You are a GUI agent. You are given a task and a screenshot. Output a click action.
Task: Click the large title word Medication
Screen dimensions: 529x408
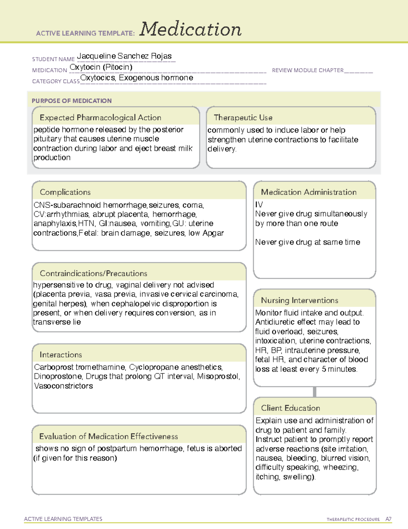click(x=190, y=29)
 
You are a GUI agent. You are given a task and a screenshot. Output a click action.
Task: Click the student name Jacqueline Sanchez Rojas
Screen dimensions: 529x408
click(x=124, y=56)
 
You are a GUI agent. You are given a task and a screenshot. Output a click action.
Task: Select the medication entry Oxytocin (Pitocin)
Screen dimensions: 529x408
click(x=101, y=67)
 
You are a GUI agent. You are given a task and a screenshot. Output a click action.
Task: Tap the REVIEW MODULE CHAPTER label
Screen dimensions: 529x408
click(x=308, y=70)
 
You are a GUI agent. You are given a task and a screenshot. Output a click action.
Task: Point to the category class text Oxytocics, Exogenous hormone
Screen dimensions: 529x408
click(x=137, y=78)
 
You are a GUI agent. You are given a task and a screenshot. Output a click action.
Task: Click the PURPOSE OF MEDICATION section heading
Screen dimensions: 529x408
click(x=72, y=101)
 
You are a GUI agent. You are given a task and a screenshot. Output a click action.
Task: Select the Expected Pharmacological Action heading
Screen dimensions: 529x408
click(x=100, y=118)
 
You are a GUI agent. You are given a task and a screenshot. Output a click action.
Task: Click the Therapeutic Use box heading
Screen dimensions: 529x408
click(x=243, y=118)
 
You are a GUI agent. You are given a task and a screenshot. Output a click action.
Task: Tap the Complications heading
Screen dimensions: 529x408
click(x=65, y=192)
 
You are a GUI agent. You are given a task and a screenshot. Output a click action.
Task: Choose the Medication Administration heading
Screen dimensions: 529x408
click(x=309, y=192)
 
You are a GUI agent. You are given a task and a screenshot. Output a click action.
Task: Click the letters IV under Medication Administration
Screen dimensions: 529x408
click(x=259, y=205)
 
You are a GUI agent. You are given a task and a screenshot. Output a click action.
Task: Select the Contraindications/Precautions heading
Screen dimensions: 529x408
click(x=93, y=273)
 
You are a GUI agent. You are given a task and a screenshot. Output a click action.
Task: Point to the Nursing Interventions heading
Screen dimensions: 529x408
click(x=300, y=300)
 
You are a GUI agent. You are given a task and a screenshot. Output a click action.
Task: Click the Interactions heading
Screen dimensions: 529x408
click(x=61, y=355)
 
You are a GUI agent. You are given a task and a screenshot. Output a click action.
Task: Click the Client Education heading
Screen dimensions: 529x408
click(x=290, y=408)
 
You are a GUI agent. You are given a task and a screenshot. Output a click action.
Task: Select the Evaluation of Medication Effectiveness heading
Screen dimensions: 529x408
click(x=108, y=436)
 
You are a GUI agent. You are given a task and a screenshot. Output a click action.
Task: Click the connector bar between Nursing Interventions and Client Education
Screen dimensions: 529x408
click(x=314, y=392)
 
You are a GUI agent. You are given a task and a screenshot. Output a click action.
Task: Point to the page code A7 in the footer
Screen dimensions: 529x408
click(x=388, y=519)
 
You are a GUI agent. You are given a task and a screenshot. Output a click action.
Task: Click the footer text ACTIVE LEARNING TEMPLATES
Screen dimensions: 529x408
click(x=63, y=519)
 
